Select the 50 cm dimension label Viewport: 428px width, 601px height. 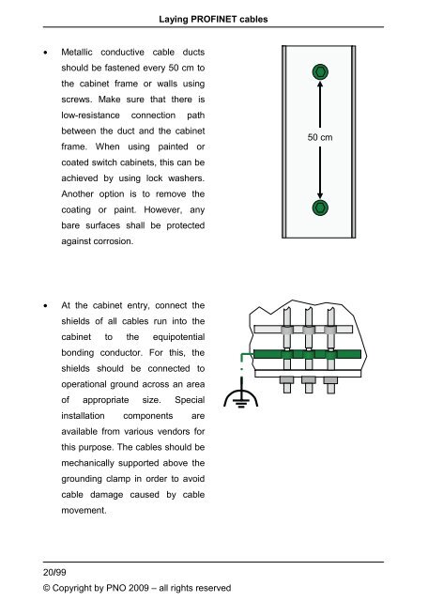coord(320,137)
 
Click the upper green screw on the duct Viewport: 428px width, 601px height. coord(320,72)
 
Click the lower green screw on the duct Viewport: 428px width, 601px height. coord(320,207)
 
